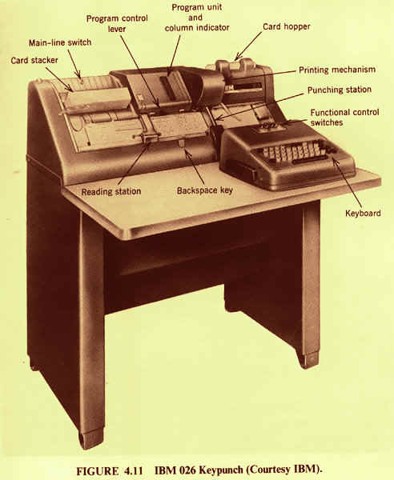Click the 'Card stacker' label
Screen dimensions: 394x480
34,60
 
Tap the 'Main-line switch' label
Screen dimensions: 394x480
60,42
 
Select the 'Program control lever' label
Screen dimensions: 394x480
117,23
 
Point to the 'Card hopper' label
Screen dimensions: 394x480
287,26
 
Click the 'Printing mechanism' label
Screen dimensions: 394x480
337,70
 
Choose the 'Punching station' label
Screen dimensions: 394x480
340,90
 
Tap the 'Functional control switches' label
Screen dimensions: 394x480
344,118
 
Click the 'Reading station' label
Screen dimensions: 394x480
111,192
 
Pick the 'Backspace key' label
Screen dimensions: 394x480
205,190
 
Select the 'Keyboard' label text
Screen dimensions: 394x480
363,213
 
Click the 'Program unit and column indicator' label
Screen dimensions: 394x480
197,18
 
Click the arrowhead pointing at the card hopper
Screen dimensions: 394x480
238,58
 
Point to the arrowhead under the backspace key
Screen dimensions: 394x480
187,150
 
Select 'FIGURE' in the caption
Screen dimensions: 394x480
98,470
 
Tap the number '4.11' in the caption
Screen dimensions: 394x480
134,470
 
